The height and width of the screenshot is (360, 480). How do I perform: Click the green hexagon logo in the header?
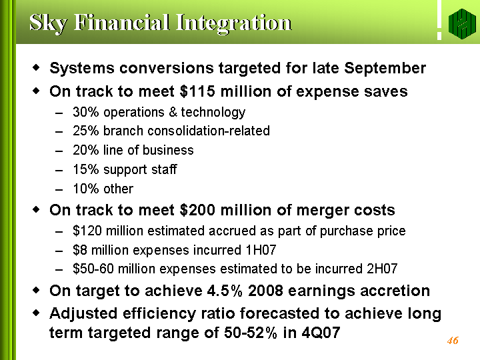click(x=462, y=24)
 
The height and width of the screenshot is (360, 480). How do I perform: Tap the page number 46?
click(x=453, y=341)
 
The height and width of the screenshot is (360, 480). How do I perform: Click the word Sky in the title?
click(x=48, y=23)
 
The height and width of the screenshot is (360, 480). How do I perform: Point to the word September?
click(x=385, y=68)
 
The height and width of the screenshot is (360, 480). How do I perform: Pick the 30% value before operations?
click(x=86, y=112)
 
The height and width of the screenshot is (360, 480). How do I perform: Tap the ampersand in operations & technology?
click(x=173, y=112)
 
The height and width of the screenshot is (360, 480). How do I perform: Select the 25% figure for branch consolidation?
click(x=86, y=131)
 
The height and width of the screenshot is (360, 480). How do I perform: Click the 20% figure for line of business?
click(x=86, y=150)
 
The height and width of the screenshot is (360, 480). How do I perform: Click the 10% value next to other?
click(x=86, y=189)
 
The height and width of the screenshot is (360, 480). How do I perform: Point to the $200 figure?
click(x=197, y=210)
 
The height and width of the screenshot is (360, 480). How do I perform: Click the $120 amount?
click(x=87, y=231)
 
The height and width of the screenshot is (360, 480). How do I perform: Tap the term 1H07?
click(x=261, y=250)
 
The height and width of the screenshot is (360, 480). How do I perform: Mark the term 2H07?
click(x=382, y=269)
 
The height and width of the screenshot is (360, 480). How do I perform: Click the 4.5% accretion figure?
click(x=225, y=291)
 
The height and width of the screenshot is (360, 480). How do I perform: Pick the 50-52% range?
click(x=251, y=333)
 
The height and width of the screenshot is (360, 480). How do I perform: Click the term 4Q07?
click(x=321, y=333)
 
